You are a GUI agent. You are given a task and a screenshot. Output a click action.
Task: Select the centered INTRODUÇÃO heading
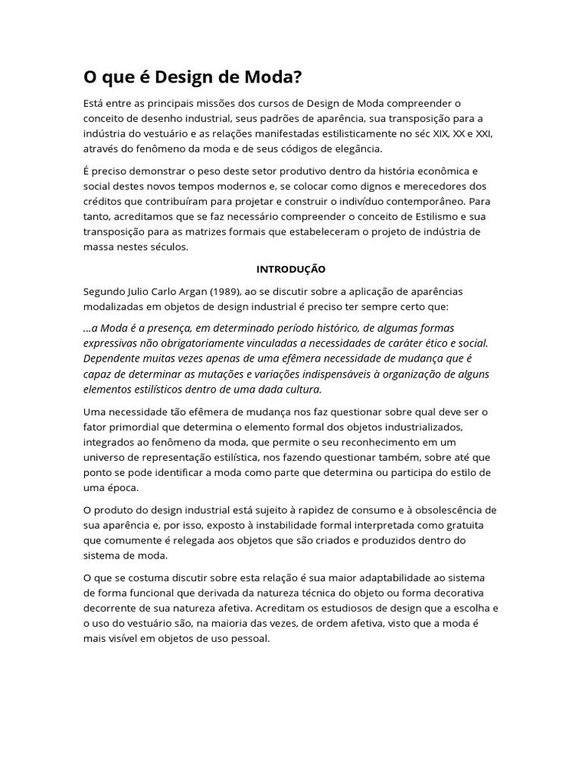tap(291, 269)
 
